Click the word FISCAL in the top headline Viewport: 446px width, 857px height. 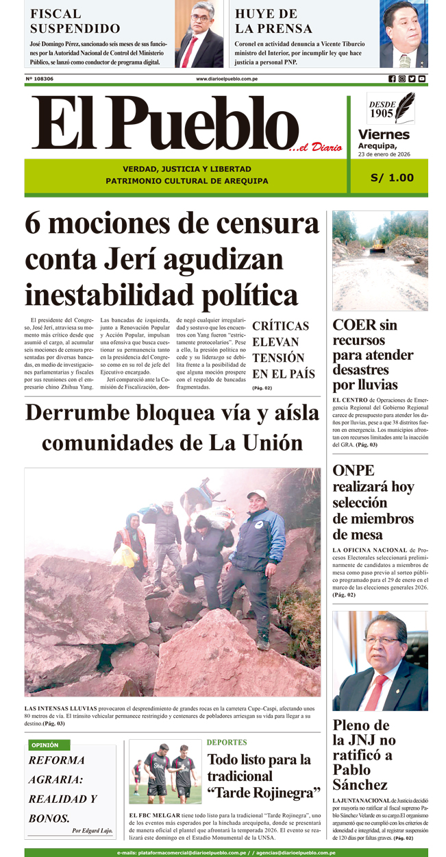[55, 13]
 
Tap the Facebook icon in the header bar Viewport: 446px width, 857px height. [392, 79]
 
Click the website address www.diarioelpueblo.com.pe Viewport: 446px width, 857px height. [227, 79]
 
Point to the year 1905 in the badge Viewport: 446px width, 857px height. [382, 113]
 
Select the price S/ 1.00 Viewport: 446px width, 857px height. [392, 178]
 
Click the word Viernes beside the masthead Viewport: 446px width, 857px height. [384, 134]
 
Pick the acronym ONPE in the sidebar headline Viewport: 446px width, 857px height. [354, 471]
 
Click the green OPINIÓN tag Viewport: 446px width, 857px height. [45, 745]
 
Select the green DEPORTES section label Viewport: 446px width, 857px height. [227, 743]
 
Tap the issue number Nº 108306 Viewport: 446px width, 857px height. [40, 79]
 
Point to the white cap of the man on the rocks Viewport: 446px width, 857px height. [257, 494]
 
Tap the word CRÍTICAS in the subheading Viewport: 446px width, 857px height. [280, 326]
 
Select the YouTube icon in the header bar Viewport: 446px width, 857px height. [422, 79]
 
